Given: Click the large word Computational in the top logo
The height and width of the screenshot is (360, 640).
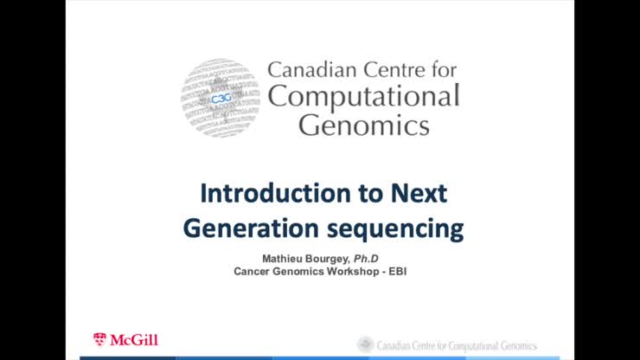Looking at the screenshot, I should point(363,97).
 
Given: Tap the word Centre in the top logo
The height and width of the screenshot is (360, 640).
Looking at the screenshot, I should point(394,69).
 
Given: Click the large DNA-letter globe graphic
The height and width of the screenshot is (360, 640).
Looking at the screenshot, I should point(221,98).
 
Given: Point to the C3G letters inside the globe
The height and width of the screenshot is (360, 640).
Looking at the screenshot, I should point(221,100).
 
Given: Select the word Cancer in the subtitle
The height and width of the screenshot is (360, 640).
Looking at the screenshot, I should point(253,272).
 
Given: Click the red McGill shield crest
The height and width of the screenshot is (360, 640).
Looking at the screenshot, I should point(99,339).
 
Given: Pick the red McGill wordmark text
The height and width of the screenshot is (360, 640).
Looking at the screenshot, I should point(133,340).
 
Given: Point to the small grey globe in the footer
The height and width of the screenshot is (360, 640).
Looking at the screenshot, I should point(366,344).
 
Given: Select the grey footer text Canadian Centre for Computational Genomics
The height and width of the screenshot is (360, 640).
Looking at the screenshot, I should point(457,345).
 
